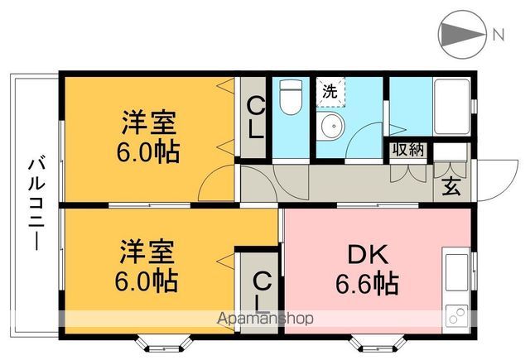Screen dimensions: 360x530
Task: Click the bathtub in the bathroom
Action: click(451, 107)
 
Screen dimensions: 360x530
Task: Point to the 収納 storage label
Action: click(407, 150)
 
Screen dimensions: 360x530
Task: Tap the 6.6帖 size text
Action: click(367, 285)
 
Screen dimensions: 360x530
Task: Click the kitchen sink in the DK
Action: click(456, 269)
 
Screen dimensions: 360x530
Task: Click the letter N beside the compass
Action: click(498, 35)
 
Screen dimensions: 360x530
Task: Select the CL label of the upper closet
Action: click(256, 118)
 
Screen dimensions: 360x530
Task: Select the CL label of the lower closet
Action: click(259, 290)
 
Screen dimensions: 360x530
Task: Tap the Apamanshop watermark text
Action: click(264, 318)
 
